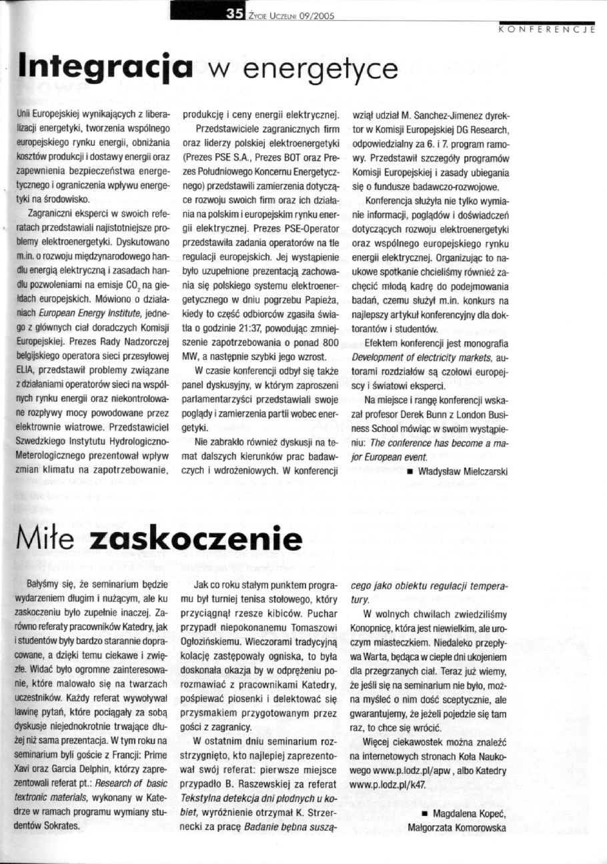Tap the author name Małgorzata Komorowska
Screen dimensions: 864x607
(458, 828)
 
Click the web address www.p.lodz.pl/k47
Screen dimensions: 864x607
(388, 767)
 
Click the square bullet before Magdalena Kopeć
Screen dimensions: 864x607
(426, 814)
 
